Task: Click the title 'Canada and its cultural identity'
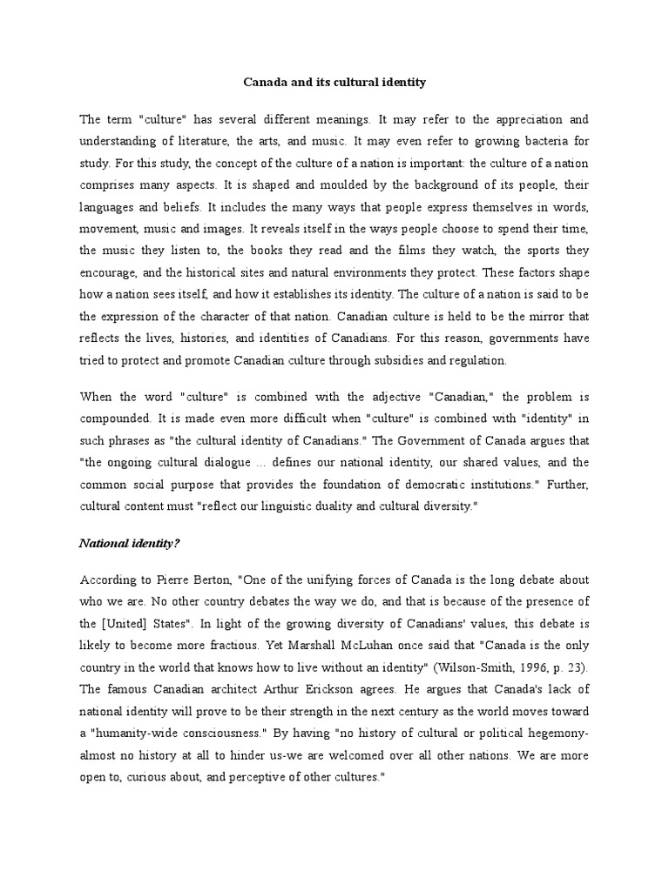pos(334,83)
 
